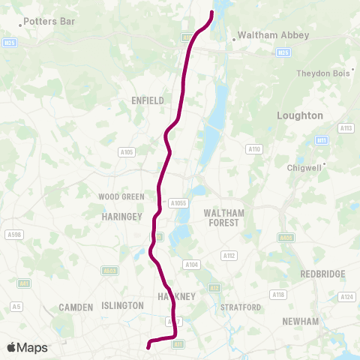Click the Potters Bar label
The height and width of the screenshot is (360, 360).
tap(49, 22)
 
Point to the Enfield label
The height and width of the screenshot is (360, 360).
tap(147, 99)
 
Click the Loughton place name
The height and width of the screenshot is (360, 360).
tap(299, 115)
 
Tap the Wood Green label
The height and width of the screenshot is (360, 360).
tap(121, 196)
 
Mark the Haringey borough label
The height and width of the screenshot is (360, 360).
tap(121, 216)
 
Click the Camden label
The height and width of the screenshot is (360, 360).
tap(76, 307)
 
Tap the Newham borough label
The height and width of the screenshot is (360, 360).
tap(300, 321)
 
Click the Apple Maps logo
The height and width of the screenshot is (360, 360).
tap(27, 347)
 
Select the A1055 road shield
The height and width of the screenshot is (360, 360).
tap(178, 202)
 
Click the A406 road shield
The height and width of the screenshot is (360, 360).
tap(286, 238)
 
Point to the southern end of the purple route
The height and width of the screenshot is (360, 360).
tap(148, 346)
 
